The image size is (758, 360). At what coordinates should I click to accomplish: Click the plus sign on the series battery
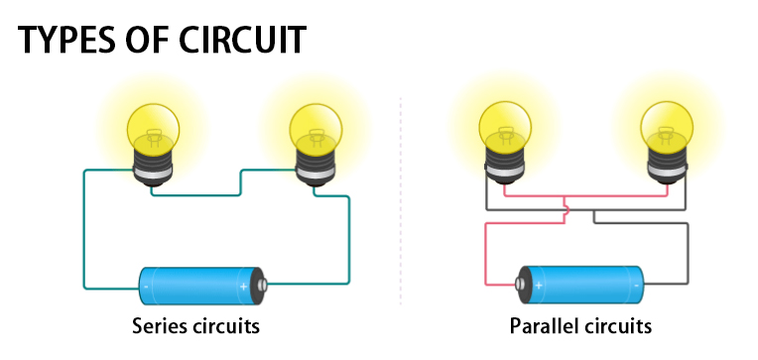244,287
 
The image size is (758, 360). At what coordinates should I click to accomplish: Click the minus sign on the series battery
147,287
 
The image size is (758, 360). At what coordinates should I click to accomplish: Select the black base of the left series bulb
151,170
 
